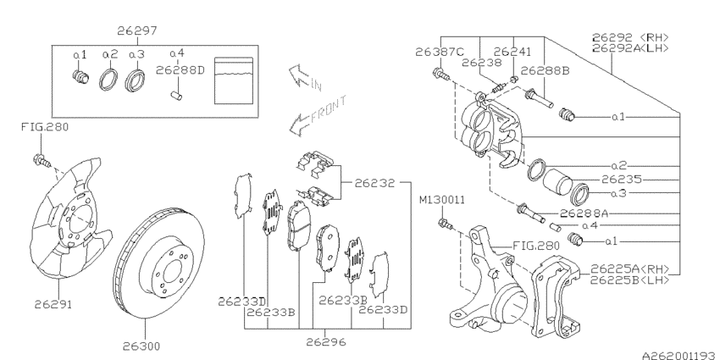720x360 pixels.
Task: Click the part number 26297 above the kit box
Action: pos(137,30)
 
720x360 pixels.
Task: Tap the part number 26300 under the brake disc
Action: pos(141,346)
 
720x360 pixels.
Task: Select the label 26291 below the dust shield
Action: pos(53,304)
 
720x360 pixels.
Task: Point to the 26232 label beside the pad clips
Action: pos(374,183)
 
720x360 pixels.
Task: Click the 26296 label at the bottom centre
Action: pos(326,341)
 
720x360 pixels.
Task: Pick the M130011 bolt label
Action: pos(441,200)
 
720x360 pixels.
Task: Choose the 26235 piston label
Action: pos(622,180)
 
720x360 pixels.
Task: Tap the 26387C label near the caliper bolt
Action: pos(440,52)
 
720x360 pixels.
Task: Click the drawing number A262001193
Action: pos(680,354)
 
